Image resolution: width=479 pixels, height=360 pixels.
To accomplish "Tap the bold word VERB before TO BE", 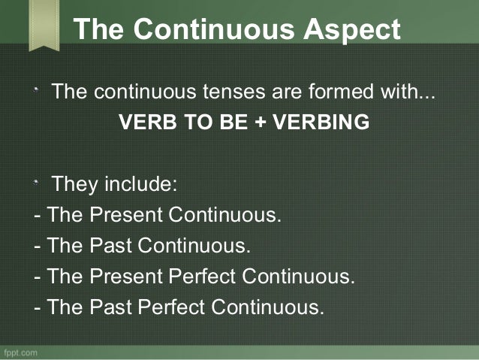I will pyautogui.click(x=142, y=123).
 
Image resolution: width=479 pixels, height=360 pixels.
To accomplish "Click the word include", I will pyautogui.click(x=143, y=184).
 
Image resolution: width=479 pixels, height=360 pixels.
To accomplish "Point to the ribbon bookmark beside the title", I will pyautogui.click(x=44, y=25).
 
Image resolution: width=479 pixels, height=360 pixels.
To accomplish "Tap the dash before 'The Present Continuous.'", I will pyautogui.click(x=38, y=216).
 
